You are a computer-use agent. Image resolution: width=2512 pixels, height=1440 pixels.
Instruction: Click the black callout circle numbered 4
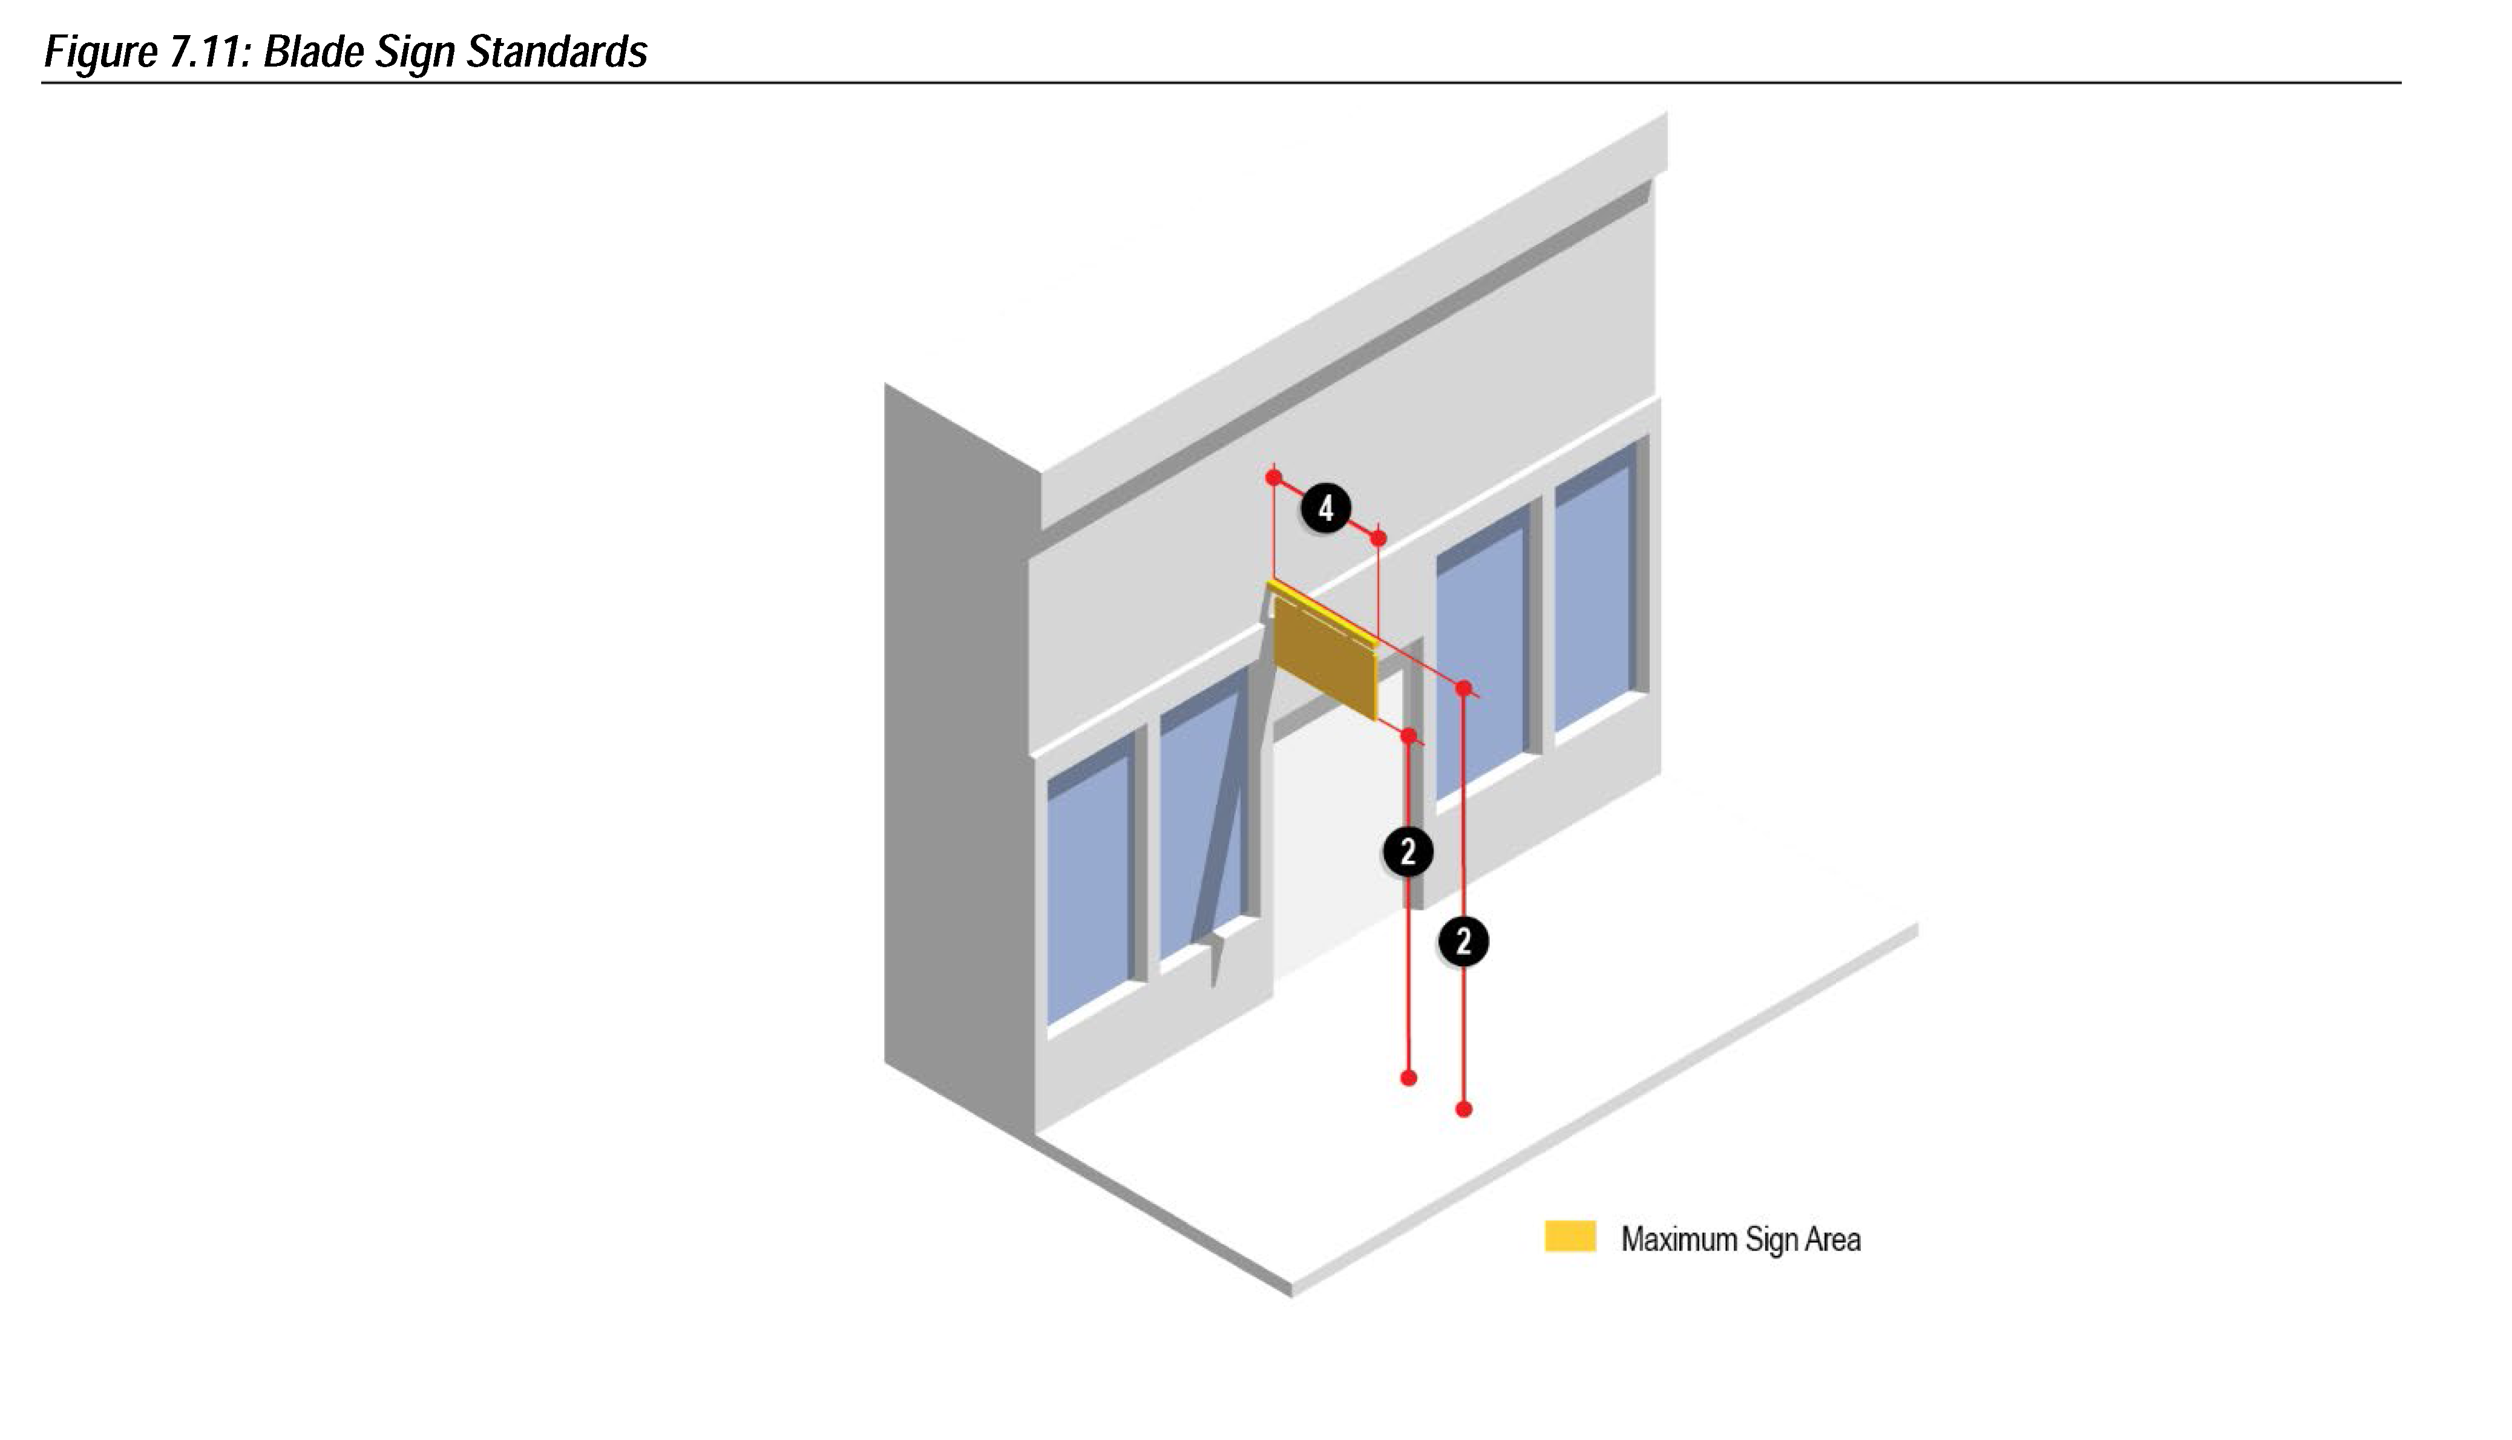click(x=1325, y=508)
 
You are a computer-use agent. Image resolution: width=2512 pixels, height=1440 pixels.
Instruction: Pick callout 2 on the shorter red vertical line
click(x=1408, y=851)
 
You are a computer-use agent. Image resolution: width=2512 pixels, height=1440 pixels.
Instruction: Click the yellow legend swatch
click(x=1570, y=1236)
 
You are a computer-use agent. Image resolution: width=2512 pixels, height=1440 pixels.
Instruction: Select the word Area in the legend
click(x=1832, y=1239)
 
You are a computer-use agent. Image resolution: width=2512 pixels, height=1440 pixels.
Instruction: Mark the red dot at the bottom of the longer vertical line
click(x=1464, y=1110)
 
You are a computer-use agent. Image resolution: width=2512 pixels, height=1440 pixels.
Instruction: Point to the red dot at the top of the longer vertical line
click(x=1464, y=687)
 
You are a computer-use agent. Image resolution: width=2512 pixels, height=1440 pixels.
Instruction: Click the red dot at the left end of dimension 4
click(x=1274, y=478)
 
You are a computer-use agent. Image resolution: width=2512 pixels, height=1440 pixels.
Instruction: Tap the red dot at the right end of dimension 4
click(x=1379, y=538)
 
